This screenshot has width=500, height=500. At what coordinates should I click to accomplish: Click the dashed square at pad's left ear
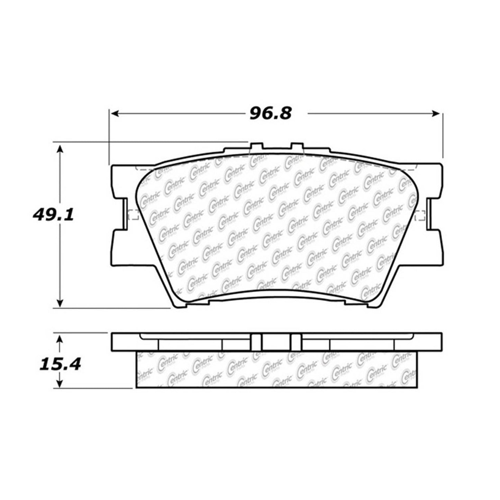[133, 214]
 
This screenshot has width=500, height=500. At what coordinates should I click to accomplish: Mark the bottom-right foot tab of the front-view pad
[356, 303]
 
